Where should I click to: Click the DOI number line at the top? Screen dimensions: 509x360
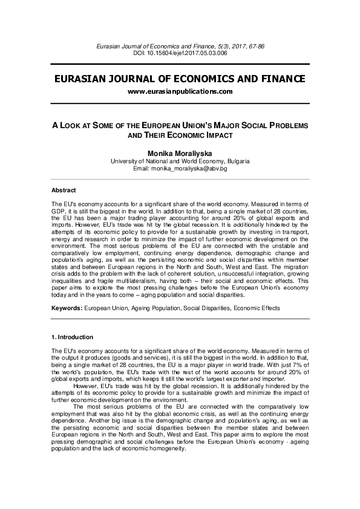point(180,53)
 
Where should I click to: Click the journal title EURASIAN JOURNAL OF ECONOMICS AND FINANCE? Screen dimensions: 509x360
point(180,79)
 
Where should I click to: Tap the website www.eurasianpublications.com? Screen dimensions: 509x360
point(180,91)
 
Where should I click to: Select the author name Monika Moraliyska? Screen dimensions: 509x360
point(180,154)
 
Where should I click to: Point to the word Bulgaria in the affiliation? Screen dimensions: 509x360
point(238,161)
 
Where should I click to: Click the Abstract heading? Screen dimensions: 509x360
point(64,190)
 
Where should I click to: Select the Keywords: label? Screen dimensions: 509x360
point(67,308)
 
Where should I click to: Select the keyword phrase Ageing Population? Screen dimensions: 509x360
point(151,308)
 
